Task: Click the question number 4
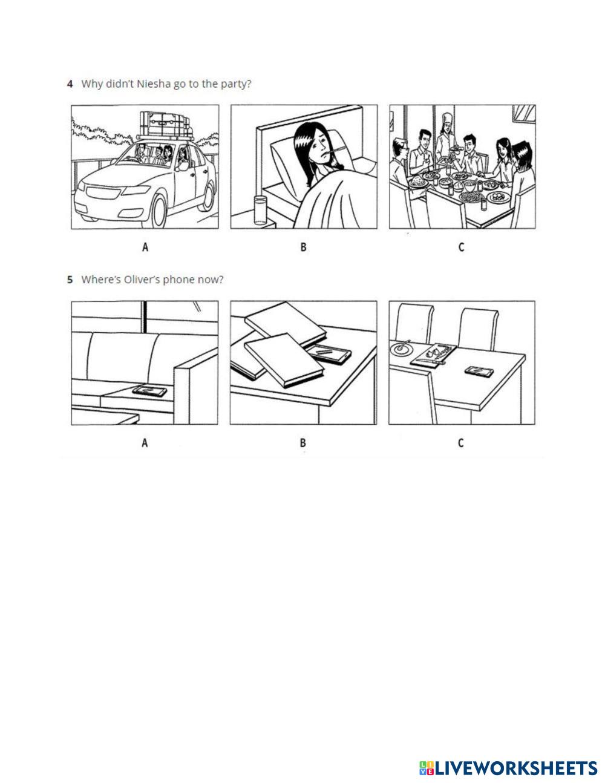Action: click(70, 84)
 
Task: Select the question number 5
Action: click(70, 280)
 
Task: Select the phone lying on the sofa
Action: click(149, 391)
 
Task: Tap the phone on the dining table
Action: click(478, 371)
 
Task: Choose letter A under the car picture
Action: click(145, 247)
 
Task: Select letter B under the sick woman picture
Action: click(303, 247)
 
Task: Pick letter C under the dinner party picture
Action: click(461, 247)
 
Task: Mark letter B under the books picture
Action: click(303, 443)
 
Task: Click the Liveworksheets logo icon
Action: click(426, 768)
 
